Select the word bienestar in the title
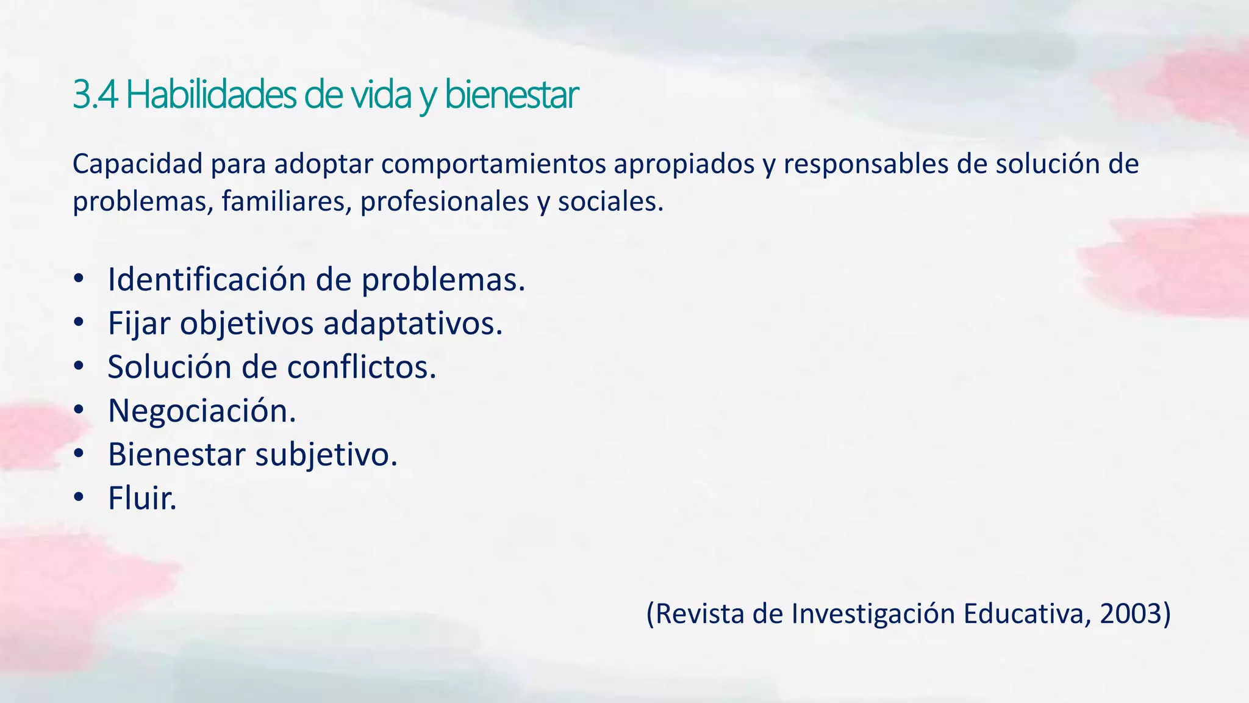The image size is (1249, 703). coord(511,95)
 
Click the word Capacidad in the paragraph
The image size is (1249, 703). coord(137,164)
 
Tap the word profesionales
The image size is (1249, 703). coord(445,201)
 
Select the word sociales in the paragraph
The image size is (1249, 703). coord(610,201)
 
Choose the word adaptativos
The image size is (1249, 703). coord(413,323)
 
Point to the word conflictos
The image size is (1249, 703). coord(362,367)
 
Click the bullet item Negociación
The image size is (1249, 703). coord(202,411)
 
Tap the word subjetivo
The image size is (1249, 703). coord(326,455)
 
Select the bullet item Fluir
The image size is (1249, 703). coord(142,498)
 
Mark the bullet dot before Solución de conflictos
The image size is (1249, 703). coord(78,367)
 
